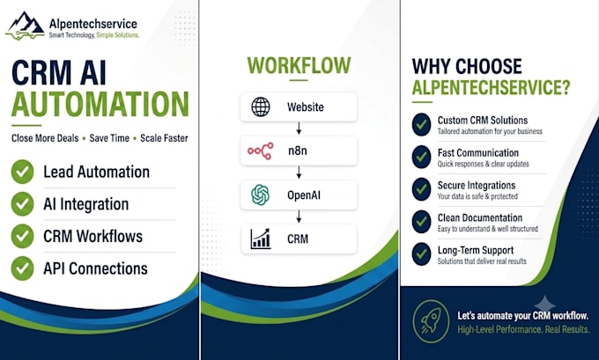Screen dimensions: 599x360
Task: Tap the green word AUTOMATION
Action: [100, 104]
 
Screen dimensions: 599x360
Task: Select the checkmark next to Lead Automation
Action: [22, 172]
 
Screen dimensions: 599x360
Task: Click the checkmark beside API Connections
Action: [22, 268]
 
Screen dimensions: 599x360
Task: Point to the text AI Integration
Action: [86, 204]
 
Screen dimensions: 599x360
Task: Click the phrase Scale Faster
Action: [164, 138]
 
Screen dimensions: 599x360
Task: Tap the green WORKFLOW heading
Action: [299, 65]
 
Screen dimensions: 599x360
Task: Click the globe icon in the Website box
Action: [261, 107]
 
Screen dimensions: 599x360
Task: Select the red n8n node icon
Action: [261, 151]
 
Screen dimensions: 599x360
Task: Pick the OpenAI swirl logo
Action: [261, 195]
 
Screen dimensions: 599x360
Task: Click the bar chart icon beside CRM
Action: [261, 239]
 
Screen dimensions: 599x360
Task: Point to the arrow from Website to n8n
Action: [299, 129]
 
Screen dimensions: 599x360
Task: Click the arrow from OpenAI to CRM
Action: [299, 217]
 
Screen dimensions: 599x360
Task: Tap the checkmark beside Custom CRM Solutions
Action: [421, 124]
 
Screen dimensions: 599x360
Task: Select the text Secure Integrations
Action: [477, 186]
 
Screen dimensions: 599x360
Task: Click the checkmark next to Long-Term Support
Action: [421, 253]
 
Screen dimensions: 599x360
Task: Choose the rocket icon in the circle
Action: [431, 321]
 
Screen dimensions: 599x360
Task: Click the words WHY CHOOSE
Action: [467, 66]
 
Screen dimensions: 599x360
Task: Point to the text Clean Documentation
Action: [480, 218]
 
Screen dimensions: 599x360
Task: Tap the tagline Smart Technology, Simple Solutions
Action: [94, 35]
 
